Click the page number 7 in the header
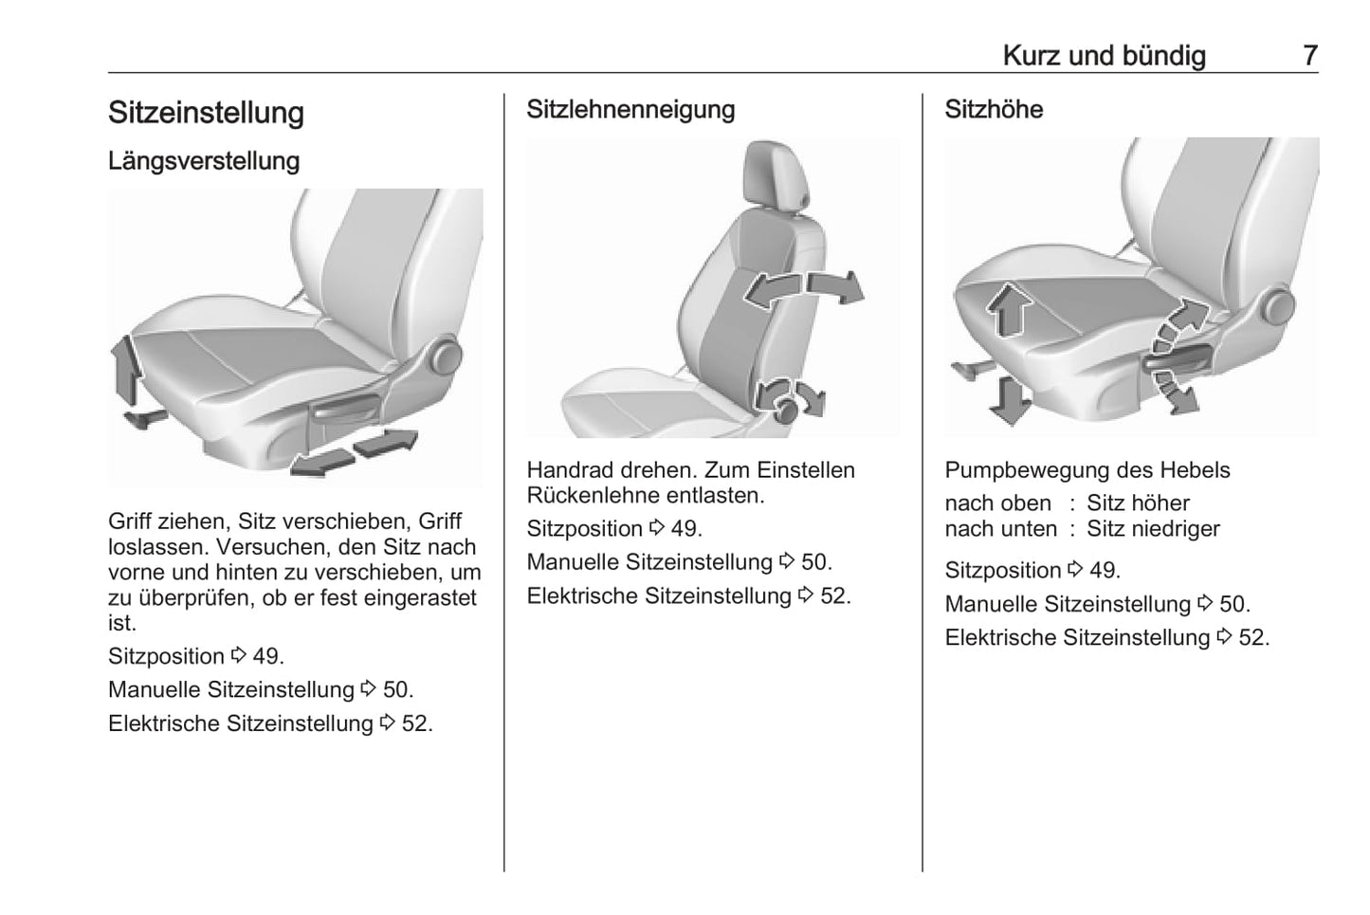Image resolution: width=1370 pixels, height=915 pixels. [x=1310, y=56]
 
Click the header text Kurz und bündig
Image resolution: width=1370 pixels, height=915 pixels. [x=1105, y=56]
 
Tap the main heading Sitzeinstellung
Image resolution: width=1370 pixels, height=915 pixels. [x=206, y=113]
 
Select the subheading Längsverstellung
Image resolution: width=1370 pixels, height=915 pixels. [x=204, y=161]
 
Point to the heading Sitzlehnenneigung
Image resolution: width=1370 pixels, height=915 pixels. [x=630, y=110]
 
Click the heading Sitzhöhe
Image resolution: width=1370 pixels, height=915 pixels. [x=994, y=109]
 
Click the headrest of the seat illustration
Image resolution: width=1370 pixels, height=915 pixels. [x=776, y=176]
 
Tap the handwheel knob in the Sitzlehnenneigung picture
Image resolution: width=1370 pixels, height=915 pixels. [x=786, y=411]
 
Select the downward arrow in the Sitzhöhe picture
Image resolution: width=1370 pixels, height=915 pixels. [x=1010, y=401]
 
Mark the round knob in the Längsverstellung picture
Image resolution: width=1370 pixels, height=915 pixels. [x=446, y=357]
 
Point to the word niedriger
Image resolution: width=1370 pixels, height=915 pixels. [x=1182, y=529]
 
